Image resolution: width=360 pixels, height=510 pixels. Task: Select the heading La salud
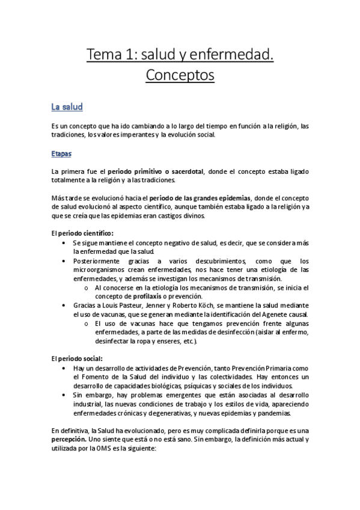[x=67, y=108]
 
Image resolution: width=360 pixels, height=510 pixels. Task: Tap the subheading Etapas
[x=62, y=154]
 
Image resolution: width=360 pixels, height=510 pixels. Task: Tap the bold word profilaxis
[x=144, y=296]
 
